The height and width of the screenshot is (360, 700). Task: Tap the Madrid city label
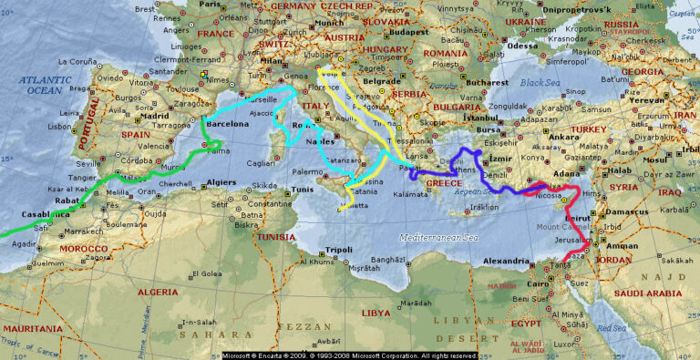pos(155,116)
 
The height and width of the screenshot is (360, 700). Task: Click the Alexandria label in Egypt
pos(505,261)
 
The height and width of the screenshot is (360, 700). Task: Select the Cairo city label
pos(540,283)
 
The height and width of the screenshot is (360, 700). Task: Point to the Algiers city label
pos(222,182)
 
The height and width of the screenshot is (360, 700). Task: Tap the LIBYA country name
pos(376,313)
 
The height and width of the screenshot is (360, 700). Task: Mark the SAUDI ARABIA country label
pos(648,293)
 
